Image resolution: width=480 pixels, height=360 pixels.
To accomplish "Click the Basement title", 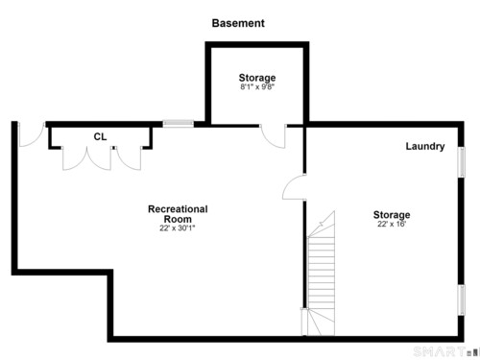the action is click(238, 23).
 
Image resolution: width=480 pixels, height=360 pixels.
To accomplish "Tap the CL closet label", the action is click(100, 136).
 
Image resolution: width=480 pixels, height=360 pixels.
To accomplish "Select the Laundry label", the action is click(425, 146).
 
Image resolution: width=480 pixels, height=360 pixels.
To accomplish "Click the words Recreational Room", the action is click(178, 214).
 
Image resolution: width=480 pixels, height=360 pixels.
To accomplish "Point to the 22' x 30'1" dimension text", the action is click(178, 228).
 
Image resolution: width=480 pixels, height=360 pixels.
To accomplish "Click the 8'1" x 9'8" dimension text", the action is click(257, 86).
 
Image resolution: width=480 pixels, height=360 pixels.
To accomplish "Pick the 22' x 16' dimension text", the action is click(392, 224).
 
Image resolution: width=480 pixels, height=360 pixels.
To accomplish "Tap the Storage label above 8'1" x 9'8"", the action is click(257, 78).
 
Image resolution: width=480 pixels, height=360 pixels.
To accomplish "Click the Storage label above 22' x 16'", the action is click(392, 214).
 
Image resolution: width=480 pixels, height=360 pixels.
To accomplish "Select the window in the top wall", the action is click(179, 123).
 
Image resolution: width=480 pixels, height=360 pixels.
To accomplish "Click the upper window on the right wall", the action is click(462, 162).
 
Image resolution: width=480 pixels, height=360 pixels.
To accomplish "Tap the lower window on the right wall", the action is click(462, 300).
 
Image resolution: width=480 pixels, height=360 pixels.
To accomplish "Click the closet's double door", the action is click(86, 158).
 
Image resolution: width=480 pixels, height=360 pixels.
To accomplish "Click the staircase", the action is click(321, 273).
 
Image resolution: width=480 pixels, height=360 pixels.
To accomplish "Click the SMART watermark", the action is click(439, 351).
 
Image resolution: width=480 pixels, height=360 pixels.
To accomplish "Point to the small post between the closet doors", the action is click(113, 148).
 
